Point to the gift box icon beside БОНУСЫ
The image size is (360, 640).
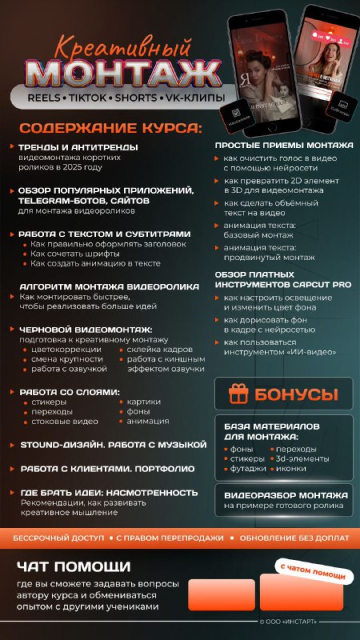[x=238, y=394]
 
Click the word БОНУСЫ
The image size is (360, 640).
[x=296, y=394]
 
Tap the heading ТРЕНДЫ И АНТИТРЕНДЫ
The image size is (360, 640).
[x=79, y=147]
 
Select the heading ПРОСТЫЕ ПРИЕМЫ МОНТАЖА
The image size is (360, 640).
[x=284, y=145]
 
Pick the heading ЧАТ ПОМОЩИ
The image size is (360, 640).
[x=74, y=566]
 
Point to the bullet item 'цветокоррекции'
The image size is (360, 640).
[x=64, y=350]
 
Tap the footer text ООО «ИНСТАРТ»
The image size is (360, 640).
[x=290, y=622]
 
